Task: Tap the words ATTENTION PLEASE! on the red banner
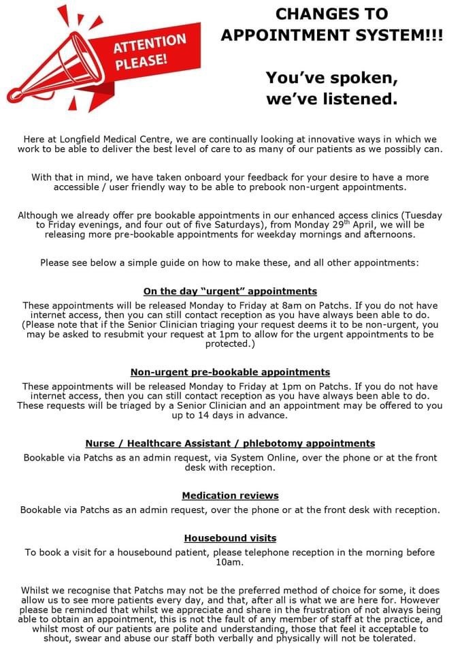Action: (149, 52)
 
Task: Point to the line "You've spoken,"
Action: (331, 78)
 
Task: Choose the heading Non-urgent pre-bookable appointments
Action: (230, 372)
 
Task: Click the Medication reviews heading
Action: (230, 495)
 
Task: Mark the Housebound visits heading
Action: (230, 538)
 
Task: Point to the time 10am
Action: (230, 562)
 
